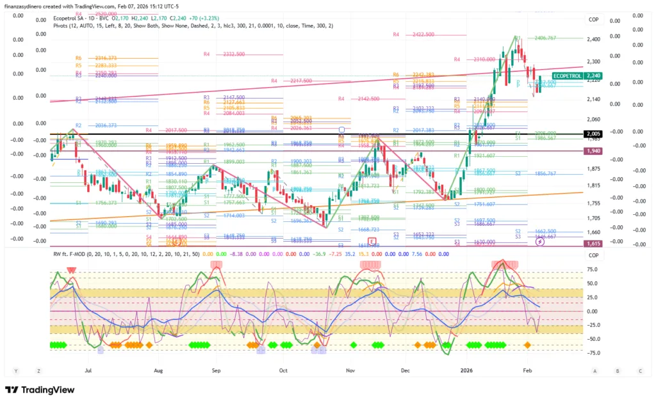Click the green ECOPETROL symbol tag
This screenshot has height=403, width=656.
[566, 75]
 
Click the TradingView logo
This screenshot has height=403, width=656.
[40, 390]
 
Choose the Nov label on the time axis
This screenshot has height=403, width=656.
[350, 370]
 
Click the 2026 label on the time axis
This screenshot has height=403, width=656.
[466, 370]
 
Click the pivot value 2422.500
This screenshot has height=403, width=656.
[423, 34]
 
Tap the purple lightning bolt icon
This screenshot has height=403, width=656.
[540, 243]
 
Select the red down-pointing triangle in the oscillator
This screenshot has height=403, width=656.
[71, 271]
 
